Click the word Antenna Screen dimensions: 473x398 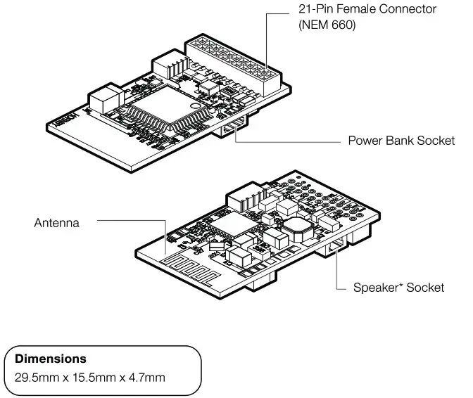pyautogui.click(x=57, y=223)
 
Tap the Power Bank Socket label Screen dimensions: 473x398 pyautogui.click(x=401, y=141)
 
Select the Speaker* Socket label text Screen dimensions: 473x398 pyautogui.click(x=398, y=288)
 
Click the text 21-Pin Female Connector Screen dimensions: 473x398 pyautogui.click(x=367, y=9)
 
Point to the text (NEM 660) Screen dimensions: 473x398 pyautogui.click(x=327, y=25)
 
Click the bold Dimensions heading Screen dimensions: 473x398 pyautogui.click(x=51, y=359)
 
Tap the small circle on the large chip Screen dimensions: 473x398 pyautogui.click(x=195, y=105)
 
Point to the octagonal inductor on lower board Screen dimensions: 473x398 pyautogui.click(x=296, y=229)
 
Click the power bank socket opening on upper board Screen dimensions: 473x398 pyautogui.click(x=234, y=127)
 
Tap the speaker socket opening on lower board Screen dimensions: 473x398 pyautogui.click(x=336, y=245)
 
